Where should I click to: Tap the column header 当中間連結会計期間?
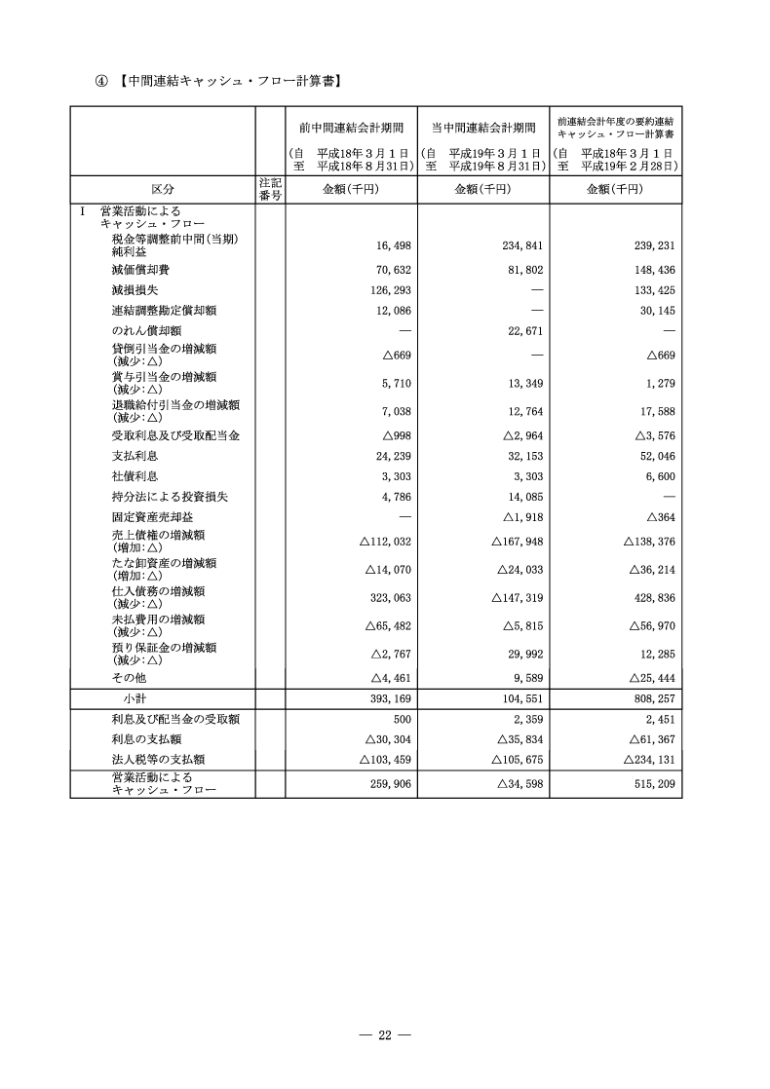483,129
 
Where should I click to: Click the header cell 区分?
163,190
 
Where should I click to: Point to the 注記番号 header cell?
270,190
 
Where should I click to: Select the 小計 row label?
134,699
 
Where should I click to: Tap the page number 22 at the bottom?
384,1034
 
